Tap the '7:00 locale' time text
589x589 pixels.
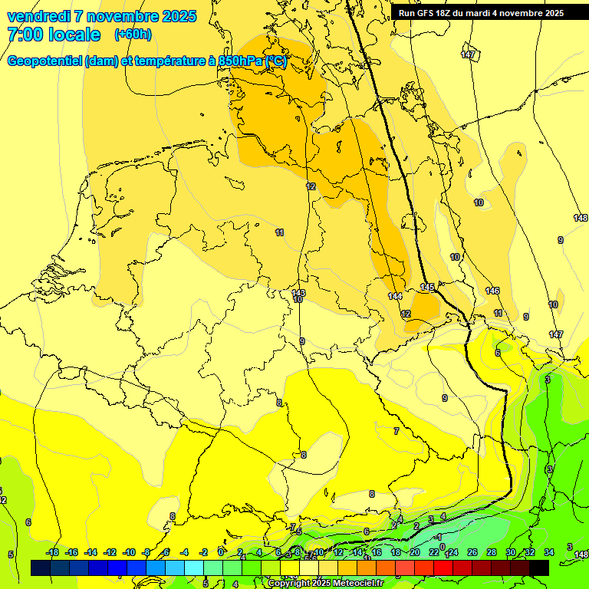coord(53,35)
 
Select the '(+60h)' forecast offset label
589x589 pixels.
coord(133,35)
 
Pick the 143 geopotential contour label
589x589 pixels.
coord(298,293)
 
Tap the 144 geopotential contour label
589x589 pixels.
coord(395,296)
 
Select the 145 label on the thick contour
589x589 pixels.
coord(427,288)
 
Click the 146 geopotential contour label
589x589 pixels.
coord(492,291)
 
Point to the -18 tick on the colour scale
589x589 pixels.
coord(52,552)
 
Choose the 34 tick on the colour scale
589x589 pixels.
coord(549,552)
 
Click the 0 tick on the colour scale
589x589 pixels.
coord(221,552)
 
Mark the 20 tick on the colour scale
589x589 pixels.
coord(415,552)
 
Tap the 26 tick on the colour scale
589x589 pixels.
coord(472,552)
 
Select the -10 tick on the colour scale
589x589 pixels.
coord(129,552)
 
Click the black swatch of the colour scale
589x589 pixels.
coord(539,568)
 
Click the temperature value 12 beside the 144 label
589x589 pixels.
coord(406,314)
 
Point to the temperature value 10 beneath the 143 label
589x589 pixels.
coord(298,300)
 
